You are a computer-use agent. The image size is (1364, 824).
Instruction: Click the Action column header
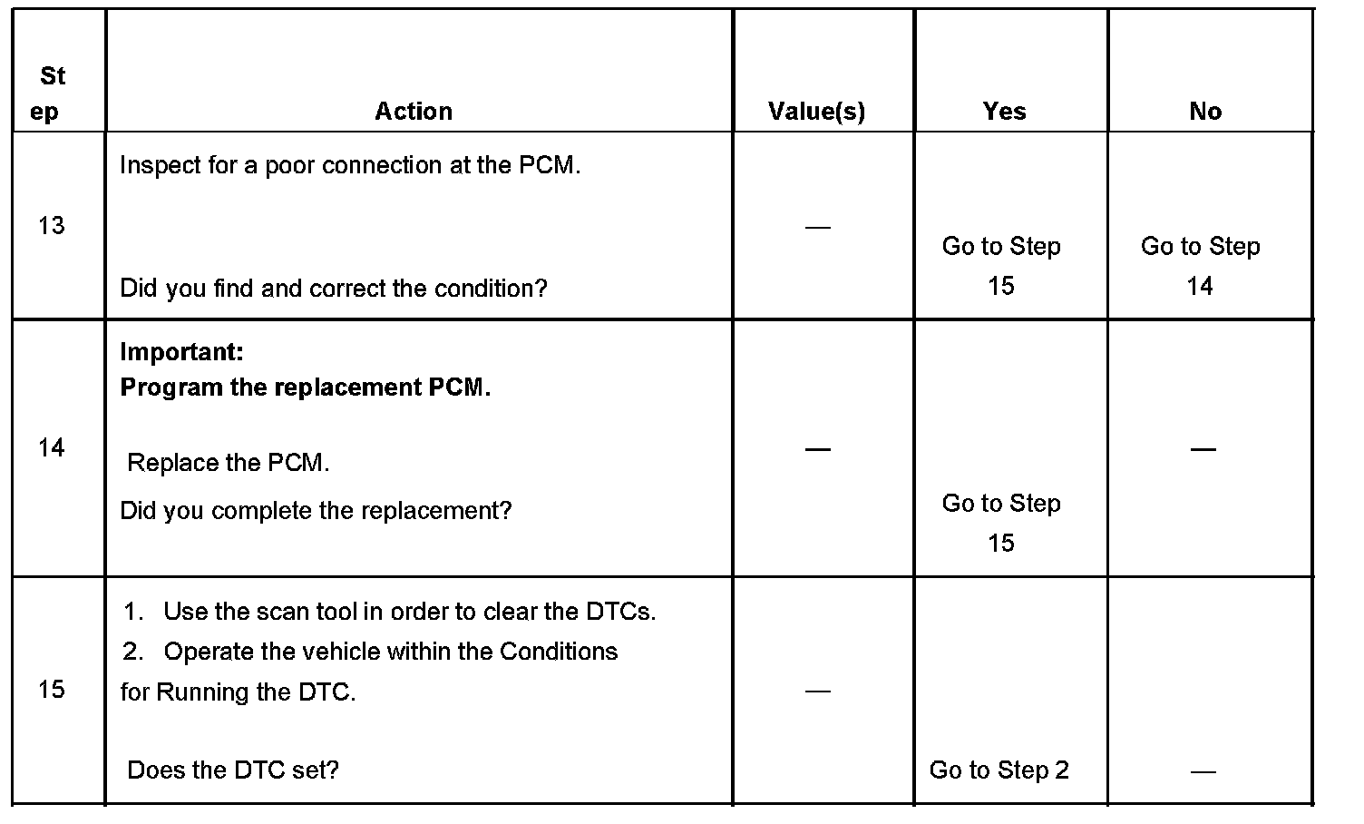coord(414,111)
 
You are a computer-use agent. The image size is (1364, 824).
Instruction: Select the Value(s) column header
coord(816,111)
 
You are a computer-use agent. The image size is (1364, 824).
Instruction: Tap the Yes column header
coord(1004,111)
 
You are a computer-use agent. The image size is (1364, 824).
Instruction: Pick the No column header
coord(1205,111)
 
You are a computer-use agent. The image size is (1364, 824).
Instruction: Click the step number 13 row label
coord(52,225)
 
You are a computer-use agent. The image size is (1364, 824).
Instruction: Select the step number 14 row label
coord(52,447)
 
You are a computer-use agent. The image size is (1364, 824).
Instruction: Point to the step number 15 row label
coord(52,690)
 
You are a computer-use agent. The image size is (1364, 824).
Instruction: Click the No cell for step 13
coord(1200,266)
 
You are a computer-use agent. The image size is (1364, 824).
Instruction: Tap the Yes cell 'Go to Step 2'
coord(999,770)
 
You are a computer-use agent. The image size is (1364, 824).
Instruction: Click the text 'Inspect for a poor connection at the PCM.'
coord(350,166)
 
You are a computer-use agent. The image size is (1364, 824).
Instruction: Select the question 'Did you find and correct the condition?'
coord(334,289)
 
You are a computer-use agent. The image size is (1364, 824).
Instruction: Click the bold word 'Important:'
coord(181,352)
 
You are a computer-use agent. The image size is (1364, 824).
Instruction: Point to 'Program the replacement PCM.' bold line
coord(305,387)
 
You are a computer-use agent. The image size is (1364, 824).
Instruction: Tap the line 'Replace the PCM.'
coord(229,463)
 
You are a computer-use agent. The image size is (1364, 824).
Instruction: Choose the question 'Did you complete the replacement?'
coord(316,511)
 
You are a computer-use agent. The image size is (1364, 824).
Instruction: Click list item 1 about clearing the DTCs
coord(390,612)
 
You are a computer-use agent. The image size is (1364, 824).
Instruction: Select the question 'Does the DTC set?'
coord(233,770)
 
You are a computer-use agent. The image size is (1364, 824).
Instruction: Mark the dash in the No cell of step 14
coord(1203,448)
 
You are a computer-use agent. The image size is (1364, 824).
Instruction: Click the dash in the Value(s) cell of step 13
coord(817,226)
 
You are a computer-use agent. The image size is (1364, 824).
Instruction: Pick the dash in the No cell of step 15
coord(1203,771)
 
